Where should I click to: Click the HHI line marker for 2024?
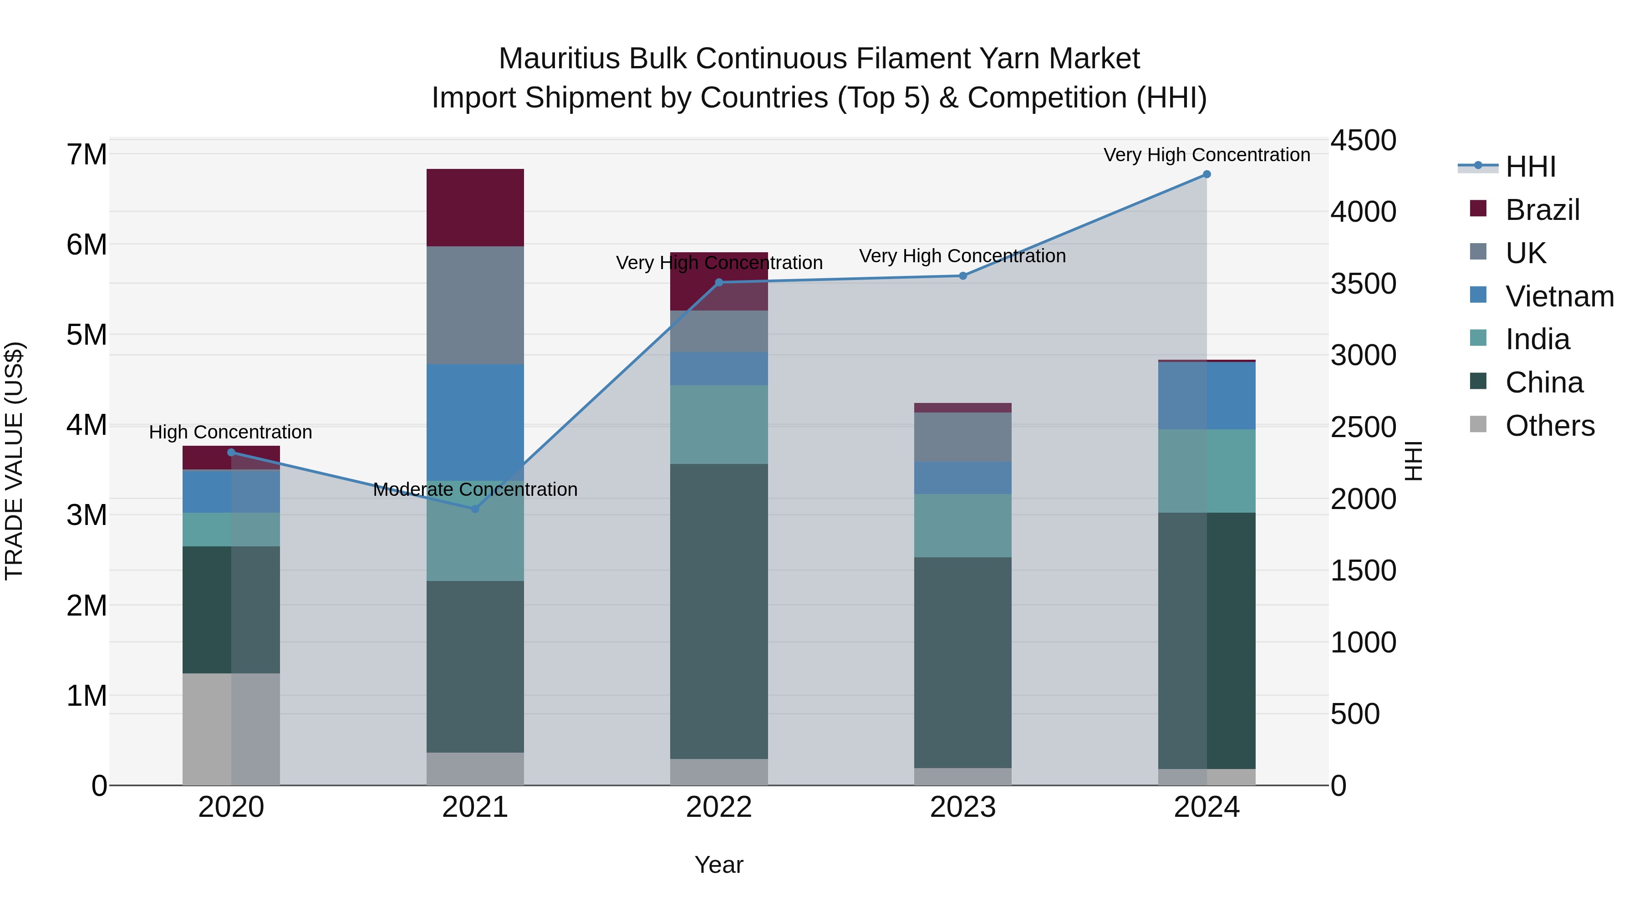(x=1206, y=174)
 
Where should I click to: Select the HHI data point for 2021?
(x=475, y=509)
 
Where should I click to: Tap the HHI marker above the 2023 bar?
(x=962, y=275)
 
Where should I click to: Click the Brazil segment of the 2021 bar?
(x=475, y=208)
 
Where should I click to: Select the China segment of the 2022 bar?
(x=719, y=611)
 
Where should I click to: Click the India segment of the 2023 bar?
(x=962, y=525)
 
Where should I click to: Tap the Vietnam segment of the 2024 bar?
(x=1206, y=395)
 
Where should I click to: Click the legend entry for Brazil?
(x=1542, y=210)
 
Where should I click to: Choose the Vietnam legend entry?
(x=1559, y=296)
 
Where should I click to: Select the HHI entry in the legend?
(x=1530, y=167)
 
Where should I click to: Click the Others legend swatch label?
(x=1550, y=426)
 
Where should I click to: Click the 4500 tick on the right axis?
(x=1363, y=141)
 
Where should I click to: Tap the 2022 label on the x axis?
(x=719, y=807)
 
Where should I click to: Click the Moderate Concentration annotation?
(x=475, y=489)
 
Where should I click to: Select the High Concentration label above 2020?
(x=230, y=432)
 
